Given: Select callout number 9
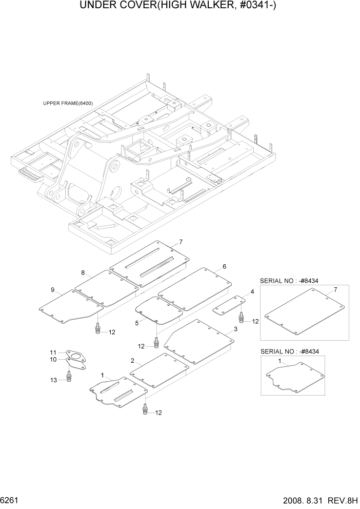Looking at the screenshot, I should [x=52, y=290].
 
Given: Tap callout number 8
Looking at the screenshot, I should [x=83, y=272].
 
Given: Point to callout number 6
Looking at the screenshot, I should [x=224, y=267].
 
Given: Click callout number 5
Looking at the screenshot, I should [x=137, y=323].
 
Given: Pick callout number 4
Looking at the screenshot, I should [x=252, y=292].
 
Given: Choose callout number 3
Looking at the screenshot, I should [x=235, y=328].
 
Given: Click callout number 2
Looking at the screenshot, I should [x=132, y=361].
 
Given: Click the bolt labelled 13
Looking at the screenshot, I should [x=69, y=377].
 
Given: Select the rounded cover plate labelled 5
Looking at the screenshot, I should [x=158, y=310].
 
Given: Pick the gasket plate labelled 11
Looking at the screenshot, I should [x=75, y=356].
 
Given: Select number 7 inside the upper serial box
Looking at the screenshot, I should [x=335, y=290].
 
